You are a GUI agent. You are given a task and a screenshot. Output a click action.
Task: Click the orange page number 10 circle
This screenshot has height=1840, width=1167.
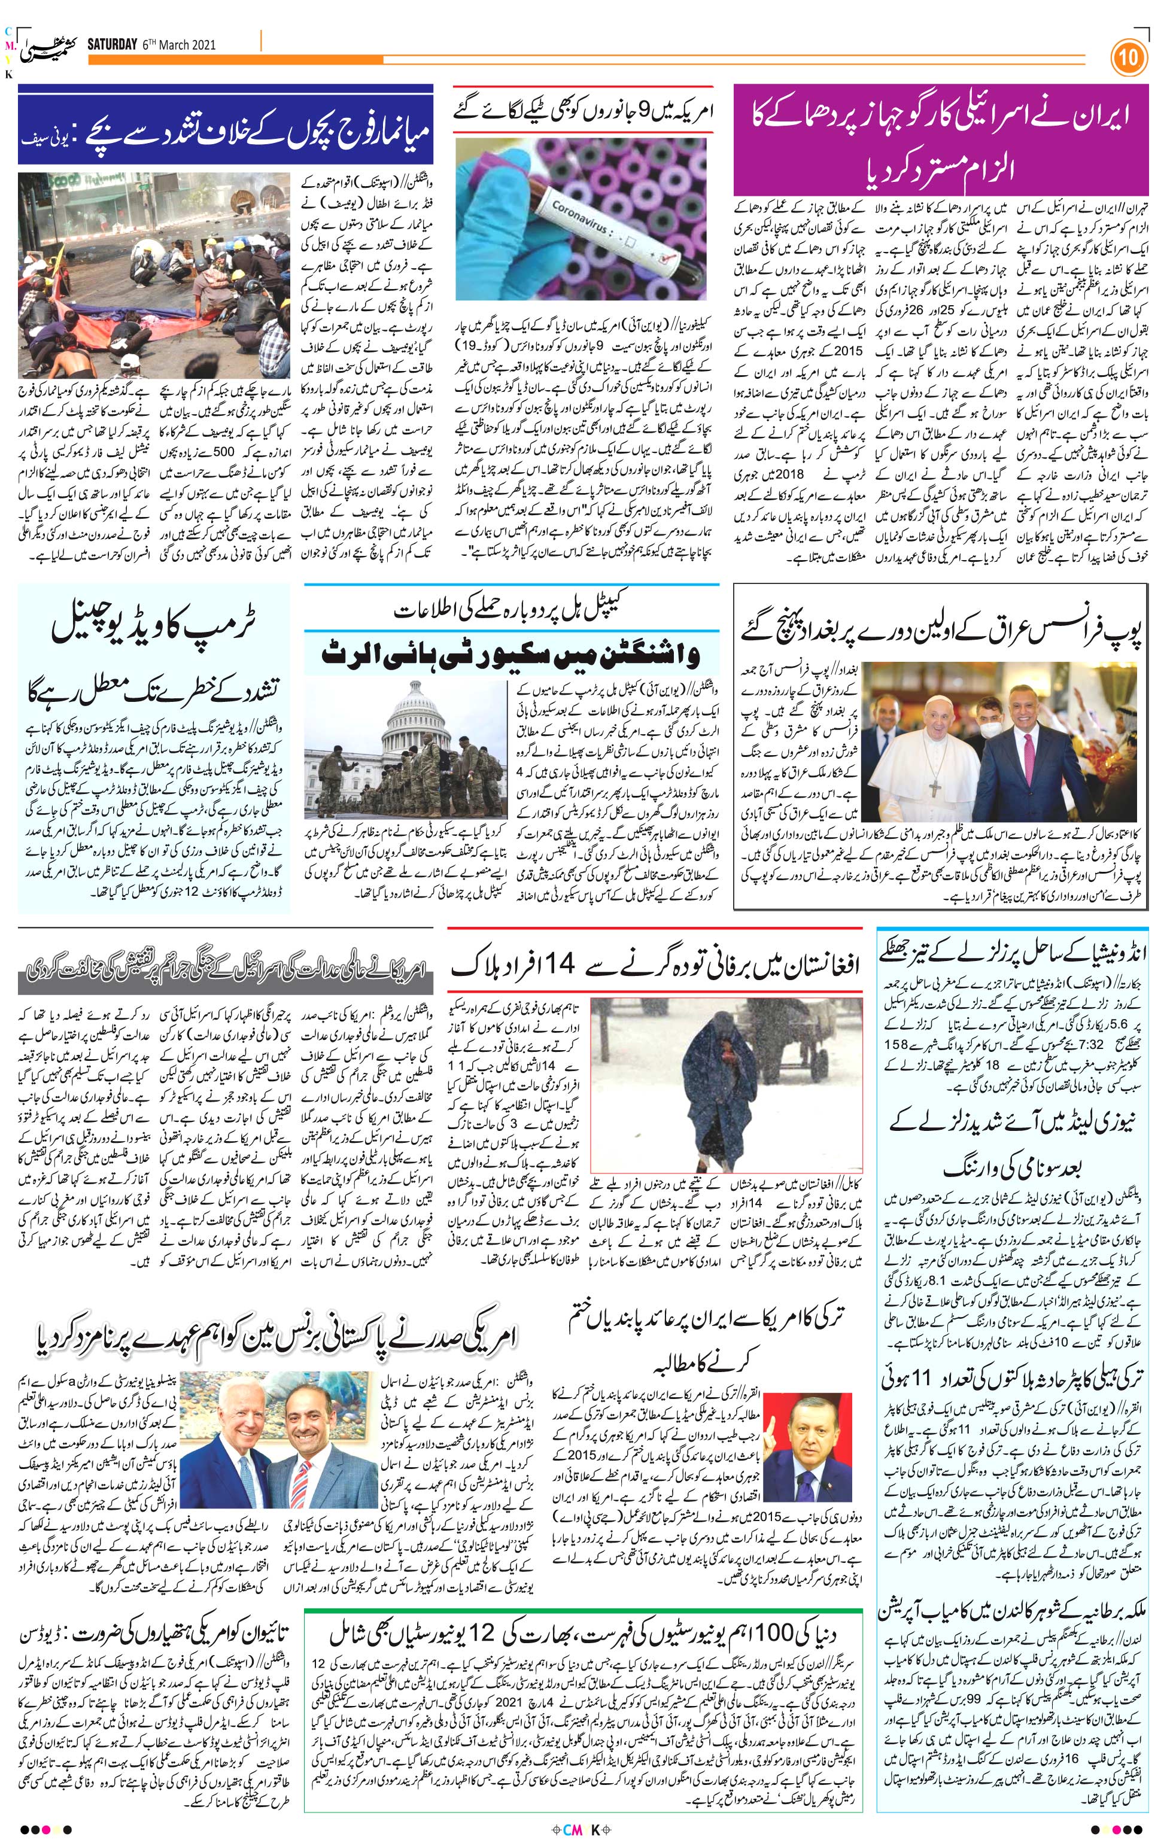1129,58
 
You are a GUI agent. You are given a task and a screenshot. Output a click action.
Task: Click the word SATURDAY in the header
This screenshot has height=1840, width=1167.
111,44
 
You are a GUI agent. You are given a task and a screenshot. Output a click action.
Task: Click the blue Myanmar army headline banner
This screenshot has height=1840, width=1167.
226,124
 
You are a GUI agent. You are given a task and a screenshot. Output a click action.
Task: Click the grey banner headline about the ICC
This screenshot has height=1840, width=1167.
226,971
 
